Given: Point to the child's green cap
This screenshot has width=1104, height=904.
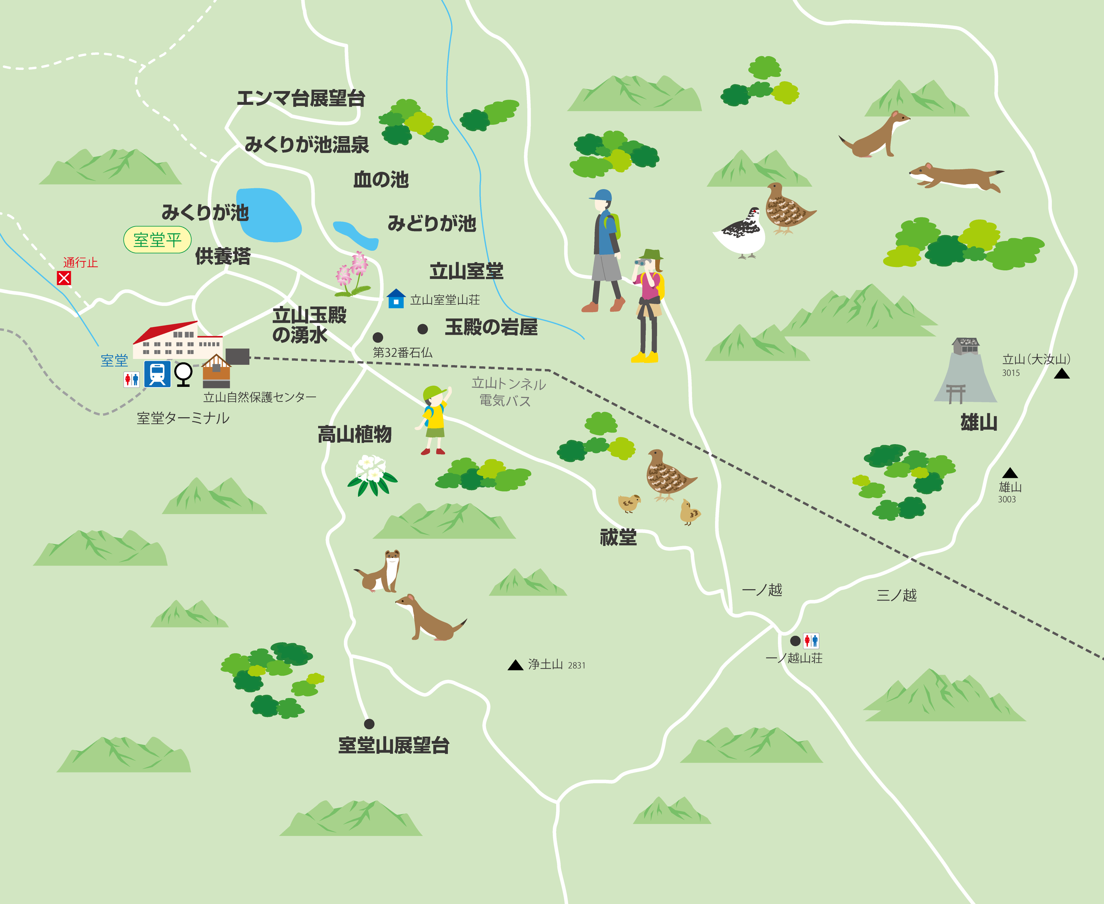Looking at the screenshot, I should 434,391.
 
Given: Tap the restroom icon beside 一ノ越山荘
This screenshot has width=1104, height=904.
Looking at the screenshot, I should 811,640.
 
